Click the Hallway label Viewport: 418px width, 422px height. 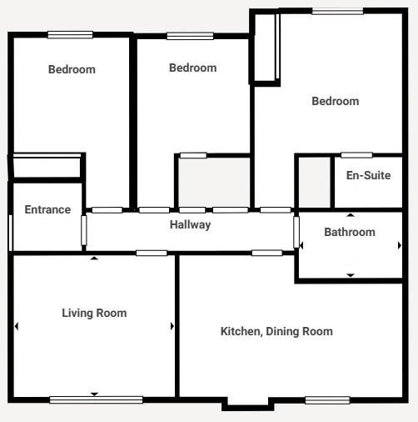[190, 224]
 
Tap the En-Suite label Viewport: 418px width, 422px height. [368, 175]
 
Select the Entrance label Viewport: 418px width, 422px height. [47, 209]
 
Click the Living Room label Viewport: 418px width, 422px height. [94, 313]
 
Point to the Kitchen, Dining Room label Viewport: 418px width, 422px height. [276, 331]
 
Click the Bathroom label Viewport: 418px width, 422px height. [350, 232]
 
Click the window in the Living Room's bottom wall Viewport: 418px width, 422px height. [96, 399]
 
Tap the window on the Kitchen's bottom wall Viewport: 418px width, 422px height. [327, 400]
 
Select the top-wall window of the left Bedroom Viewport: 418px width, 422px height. [70, 35]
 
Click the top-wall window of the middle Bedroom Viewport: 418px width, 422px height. [190, 36]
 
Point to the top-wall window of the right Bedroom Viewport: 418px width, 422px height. [337, 11]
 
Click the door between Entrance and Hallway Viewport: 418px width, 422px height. [84, 230]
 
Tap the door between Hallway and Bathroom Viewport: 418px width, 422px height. [296, 233]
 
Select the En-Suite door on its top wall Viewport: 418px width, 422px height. [356, 155]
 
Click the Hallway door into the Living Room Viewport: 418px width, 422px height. [152, 253]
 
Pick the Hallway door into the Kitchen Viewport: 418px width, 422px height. [267, 253]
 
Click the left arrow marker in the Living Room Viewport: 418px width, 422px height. [17, 326]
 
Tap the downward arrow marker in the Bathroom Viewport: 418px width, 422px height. [351, 275]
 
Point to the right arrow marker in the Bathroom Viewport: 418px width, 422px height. [400, 245]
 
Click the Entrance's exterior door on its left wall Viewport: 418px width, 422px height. [11, 233]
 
